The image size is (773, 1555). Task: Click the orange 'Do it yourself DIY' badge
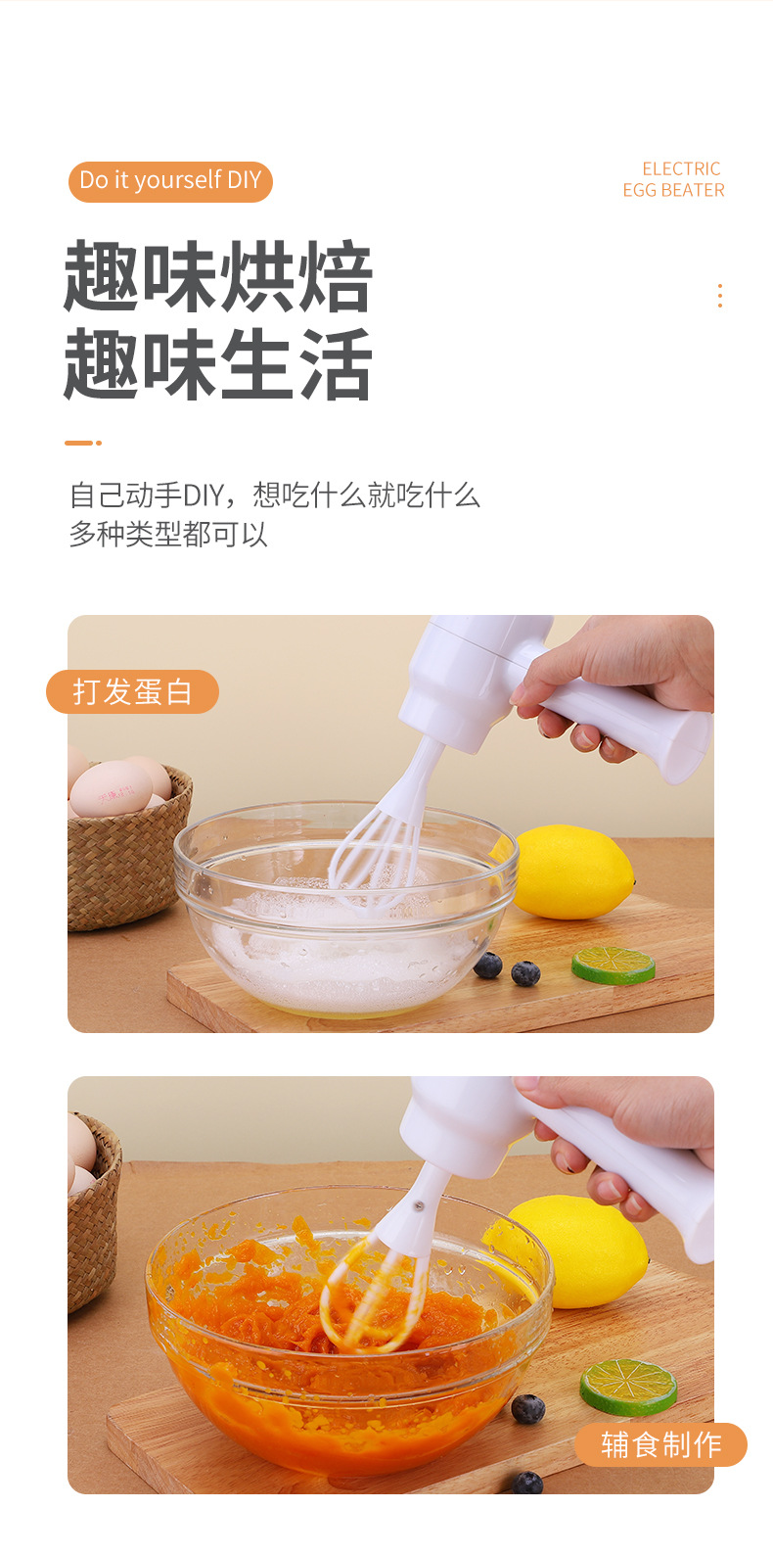[170, 181]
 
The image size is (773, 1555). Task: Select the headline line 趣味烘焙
[217, 277]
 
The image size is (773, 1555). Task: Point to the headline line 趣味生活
[217, 364]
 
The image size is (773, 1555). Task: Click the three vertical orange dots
[720, 296]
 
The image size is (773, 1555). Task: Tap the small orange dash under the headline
[82, 443]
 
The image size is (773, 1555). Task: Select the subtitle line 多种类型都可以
[168, 535]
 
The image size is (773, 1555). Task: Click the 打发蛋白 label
[132, 691]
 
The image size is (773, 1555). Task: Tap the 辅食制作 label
[660, 1444]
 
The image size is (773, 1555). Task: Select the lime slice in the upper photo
[614, 966]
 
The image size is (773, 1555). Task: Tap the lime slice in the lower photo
[628, 1386]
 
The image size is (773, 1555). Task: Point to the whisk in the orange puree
[372, 1293]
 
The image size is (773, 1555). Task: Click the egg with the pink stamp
[110, 789]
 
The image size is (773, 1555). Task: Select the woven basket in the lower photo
[93, 1214]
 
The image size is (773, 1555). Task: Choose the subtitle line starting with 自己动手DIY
[274, 495]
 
